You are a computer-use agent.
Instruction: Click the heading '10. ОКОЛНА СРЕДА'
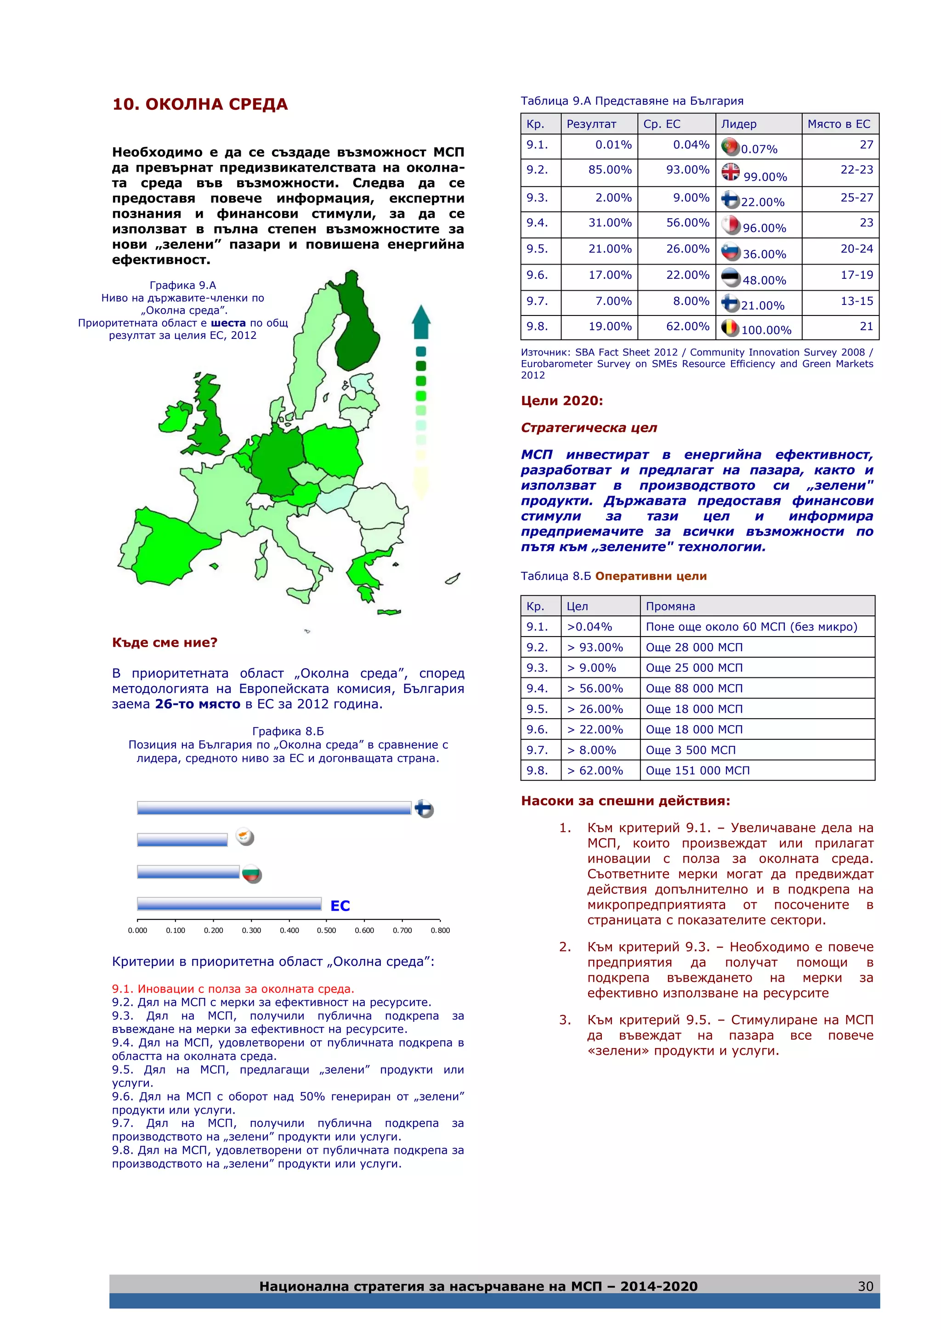[200, 104]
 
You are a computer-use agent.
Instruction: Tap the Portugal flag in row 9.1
[730, 146]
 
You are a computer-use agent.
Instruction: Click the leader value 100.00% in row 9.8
[766, 330]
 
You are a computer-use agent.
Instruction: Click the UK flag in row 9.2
[730, 172]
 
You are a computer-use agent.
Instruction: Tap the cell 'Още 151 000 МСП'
[697, 771]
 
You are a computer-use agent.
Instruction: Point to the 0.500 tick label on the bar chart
[326, 930]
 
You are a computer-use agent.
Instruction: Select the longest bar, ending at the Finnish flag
[274, 807]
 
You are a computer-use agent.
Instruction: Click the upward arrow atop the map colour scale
[421, 321]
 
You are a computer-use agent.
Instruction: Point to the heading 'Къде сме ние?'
[164, 642]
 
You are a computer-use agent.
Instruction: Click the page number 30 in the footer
[865, 1286]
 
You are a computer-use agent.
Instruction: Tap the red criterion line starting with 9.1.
[233, 989]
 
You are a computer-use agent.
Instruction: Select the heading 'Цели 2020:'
[561, 401]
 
